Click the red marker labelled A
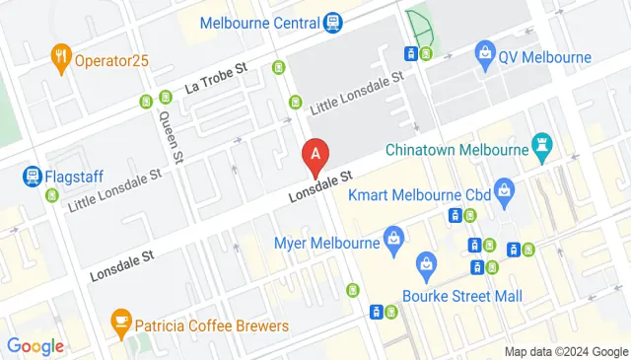315,154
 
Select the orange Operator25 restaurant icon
60,58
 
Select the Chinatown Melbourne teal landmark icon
540,147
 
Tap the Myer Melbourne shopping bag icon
394,237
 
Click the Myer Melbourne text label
328,243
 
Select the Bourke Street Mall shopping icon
426,263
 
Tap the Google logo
35,346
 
